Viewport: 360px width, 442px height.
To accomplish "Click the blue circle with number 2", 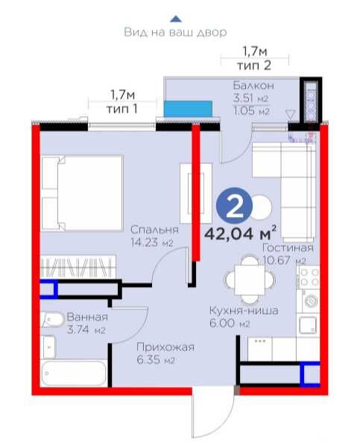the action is coord(234,206).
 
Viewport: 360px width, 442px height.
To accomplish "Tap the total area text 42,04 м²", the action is coord(240,233).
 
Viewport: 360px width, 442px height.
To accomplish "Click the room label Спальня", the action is coord(154,230).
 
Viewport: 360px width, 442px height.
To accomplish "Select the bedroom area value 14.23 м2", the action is coord(151,242).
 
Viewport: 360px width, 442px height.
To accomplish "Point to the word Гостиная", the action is coord(288,247).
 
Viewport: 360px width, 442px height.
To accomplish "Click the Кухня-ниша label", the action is coord(244,310).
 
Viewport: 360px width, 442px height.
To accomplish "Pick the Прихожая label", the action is coord(165,347).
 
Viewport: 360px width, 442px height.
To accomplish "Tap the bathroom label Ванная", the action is coord(87,317).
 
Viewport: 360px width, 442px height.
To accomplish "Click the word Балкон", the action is coord(253,85).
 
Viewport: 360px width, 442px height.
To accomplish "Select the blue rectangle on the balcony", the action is coord(188,109).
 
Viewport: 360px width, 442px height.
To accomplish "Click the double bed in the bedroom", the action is coord(82,193).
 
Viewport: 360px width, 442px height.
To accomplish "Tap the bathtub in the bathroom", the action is coord(74,373).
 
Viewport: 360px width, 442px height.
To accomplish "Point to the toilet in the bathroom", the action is coord(52,320).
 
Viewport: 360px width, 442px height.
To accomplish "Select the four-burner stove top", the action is coord(309,277).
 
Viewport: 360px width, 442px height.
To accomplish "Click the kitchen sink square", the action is coord(308,325).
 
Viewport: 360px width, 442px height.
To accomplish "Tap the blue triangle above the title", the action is coord(176,19).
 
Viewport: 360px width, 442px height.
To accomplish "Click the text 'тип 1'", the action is coord(122,109).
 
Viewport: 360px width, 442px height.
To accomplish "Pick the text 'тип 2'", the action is coord(254,66).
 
